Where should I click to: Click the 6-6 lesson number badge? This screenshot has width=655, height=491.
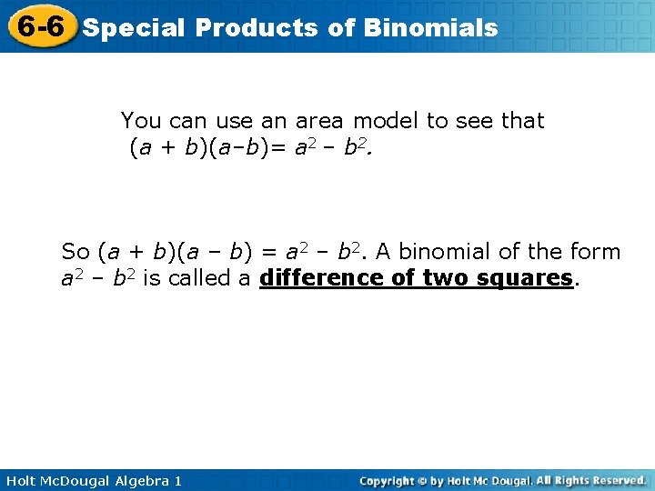pyautogui.click(x=38, y=26)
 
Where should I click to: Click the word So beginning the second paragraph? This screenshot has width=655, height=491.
pyautogui.click(x=76, y=252)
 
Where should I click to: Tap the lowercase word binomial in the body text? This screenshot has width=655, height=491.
pyautogui.click(x=442, y=252)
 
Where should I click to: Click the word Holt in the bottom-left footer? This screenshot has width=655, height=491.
pyautogui.click(x=23, y=480)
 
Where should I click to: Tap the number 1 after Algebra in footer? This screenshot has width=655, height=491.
pyautogui.click(x=177, y=480)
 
